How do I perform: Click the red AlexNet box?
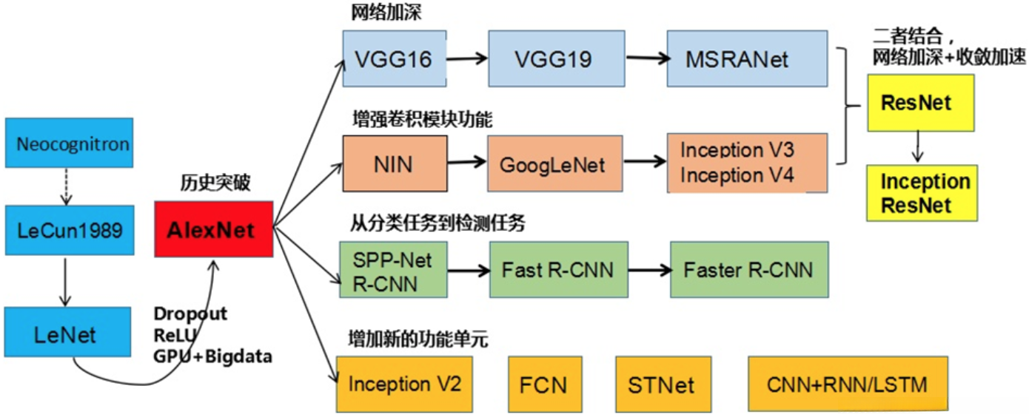pyautogui.click(x=214, y=229)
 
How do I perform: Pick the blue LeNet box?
pyautogui.click(x=66, y=335)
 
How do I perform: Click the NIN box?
pyautogui.click(x=395, y=164)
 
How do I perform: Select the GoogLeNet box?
pyautogui.click(x=552, y=164)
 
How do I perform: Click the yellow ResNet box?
pyautogui.click(x=919, y=104)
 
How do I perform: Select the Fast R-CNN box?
pyautogui.click(x=558, y=269)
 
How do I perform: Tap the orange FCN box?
pyautogui.click(x=543, y=385)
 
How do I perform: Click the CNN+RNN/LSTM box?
pyautogui.click(x=847, y=385)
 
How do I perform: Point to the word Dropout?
pyautogui.click(x=190, y=314)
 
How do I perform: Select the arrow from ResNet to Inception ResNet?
pyautogui.click(x=918, y=146)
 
